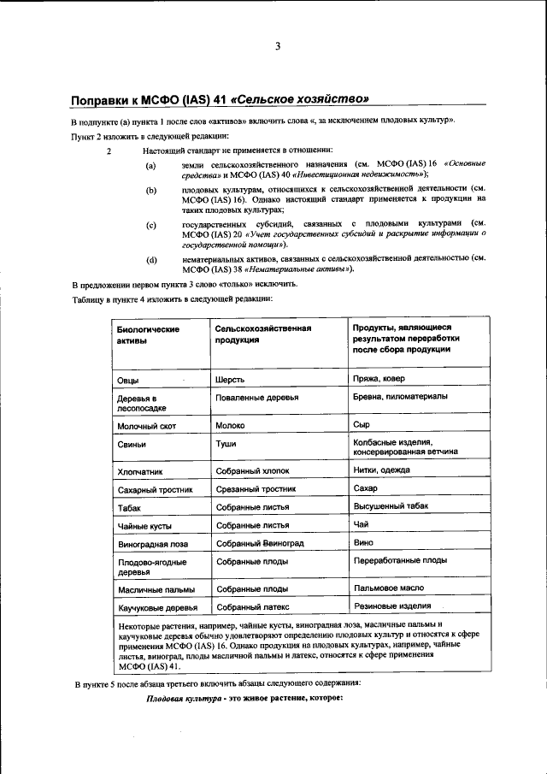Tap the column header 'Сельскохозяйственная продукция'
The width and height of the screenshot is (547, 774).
click(x=262, y=334)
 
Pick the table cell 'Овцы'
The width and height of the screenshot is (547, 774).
click(x=128, y=380)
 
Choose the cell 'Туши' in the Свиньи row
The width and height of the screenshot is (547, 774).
click(x=226, y=444)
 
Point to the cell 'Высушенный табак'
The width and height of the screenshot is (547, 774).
click(x=391, y=506)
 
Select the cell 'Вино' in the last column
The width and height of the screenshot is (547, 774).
click(x=362, y=542)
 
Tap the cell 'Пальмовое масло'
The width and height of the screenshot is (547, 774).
click(x=388, y=589)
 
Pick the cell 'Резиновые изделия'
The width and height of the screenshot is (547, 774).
click(x=391, y=606)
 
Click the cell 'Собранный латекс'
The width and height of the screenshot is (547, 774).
click(x=253, y=607)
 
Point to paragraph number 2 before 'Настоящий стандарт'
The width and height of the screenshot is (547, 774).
click(x=109, y=150)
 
